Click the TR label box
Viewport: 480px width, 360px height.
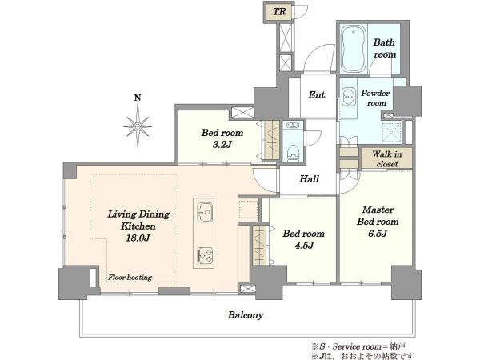(x=279, y=12)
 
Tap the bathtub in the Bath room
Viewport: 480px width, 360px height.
(x=354, y=49)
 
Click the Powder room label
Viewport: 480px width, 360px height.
(x=376, y=98)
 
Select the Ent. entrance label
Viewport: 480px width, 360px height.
(x=318, y=95)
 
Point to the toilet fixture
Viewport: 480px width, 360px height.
(x=294, y=153)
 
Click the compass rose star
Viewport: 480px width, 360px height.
(x=138, y=126)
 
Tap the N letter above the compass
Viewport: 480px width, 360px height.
(x=138, y=98)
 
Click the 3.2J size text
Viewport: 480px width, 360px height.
(x=222, y=145)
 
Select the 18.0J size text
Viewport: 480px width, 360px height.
(x=138, y=238)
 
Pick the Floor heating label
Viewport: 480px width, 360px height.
(x=130, y=278)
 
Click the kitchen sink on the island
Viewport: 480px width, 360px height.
(x=204, y=212)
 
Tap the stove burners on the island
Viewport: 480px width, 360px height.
(x=204, y=255)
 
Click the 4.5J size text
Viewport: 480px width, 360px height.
(x=304, y=246)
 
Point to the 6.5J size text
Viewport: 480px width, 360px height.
(x=378, y=234)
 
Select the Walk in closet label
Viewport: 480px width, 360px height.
(x=387, y=159)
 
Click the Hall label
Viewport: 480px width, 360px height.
(x=309, y=178)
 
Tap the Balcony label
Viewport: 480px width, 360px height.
(x=246, y=315)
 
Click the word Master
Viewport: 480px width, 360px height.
(x=378, y=210)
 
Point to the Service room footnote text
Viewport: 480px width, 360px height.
(x=358, y=346)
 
